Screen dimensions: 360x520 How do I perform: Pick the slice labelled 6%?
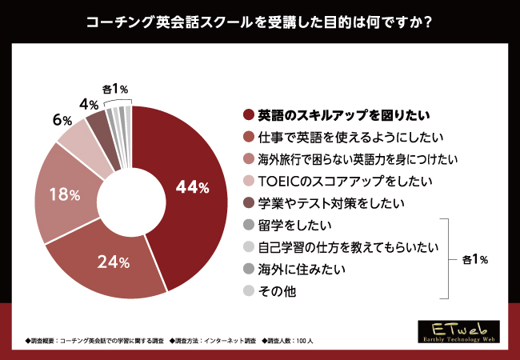click(x=78, y=136)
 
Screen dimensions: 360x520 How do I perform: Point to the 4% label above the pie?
click(x=89, y=105)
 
